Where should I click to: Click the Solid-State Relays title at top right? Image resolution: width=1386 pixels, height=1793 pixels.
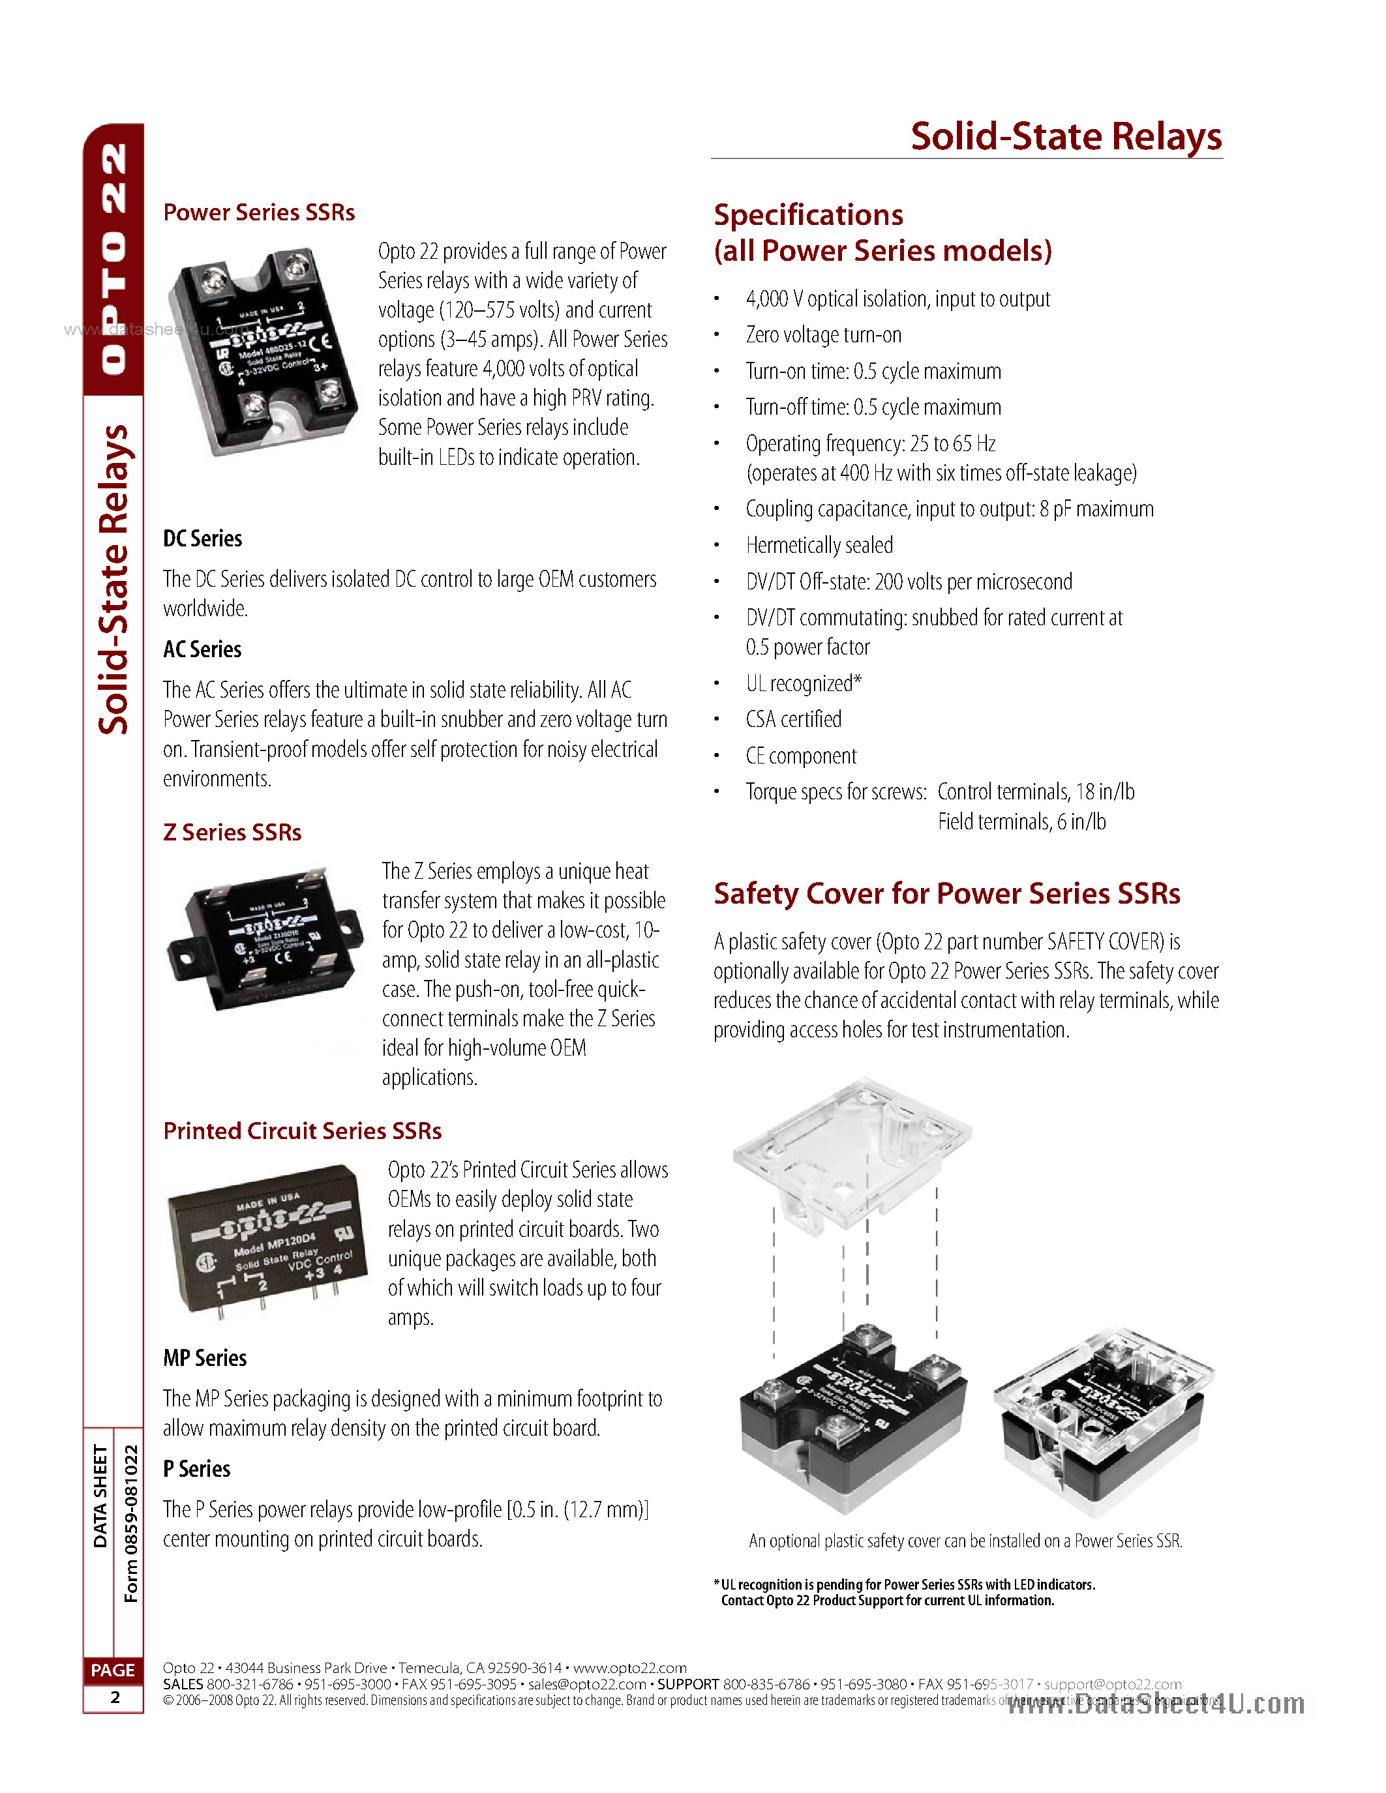pos(1065,136)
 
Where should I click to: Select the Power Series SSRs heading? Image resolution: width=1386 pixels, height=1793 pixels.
pos(259,213)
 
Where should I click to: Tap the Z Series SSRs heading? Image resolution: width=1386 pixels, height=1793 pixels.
pos(232,833)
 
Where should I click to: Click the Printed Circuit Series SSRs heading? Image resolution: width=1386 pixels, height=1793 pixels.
pos(302,1131)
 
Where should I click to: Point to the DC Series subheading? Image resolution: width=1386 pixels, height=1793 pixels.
pos(203,539)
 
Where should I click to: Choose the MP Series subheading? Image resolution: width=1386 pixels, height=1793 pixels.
pos(204,1358)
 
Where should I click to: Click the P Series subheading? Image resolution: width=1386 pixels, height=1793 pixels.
pos(197,1469)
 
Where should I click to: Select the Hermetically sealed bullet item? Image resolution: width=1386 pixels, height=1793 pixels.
pos(819,545)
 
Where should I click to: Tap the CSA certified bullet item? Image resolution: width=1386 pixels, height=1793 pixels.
pos(793,719)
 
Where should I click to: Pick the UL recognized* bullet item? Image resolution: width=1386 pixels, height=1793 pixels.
pos(803,683)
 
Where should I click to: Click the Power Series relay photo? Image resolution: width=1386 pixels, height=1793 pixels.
pos(263,351)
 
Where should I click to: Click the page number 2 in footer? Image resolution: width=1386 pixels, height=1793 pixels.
pos(114,1697)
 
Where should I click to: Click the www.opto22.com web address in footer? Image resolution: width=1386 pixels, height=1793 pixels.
pos(630,1667)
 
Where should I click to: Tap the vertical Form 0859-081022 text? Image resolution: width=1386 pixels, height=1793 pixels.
pos(130,1523)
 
